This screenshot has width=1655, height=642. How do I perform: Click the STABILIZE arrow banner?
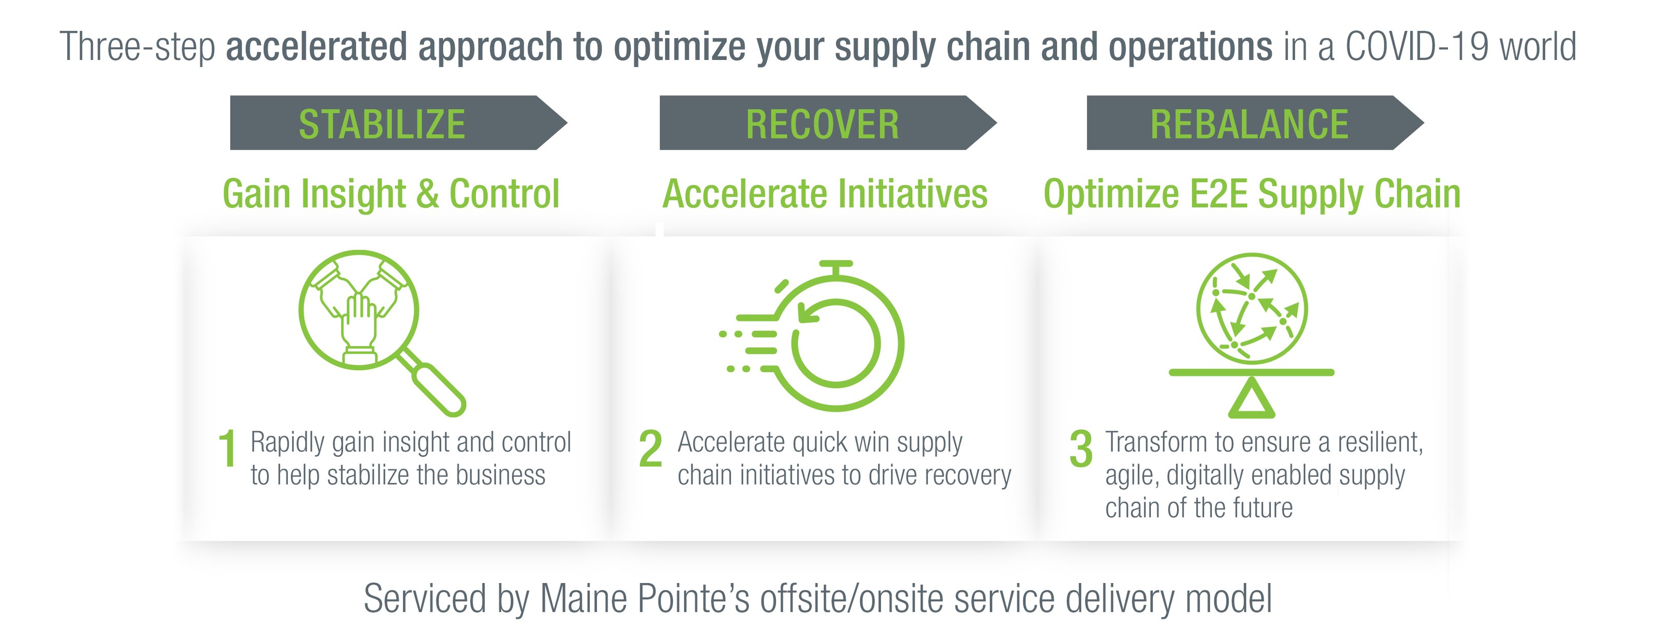(398, 123)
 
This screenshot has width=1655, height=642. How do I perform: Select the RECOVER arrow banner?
(828, 123)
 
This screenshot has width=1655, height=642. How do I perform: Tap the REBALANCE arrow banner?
(1255, 123)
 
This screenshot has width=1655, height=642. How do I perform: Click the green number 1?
(227, 449)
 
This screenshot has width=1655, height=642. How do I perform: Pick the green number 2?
(650, 449)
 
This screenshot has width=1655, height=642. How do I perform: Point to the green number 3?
(1081, 449)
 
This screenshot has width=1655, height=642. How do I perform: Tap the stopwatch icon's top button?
(836, 267)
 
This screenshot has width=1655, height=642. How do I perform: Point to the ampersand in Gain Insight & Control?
(428, 194)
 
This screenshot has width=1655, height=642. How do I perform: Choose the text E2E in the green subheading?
(1218, 194)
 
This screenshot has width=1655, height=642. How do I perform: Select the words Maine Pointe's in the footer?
(644, 598)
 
